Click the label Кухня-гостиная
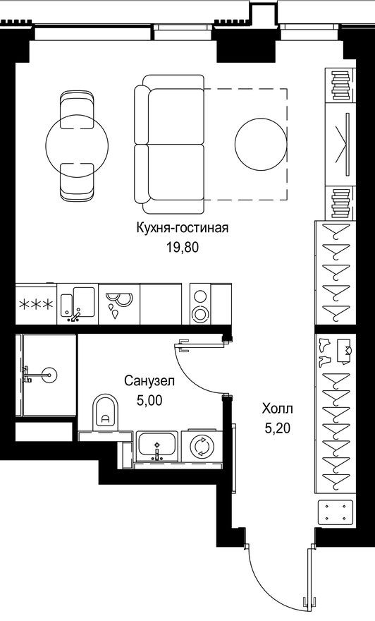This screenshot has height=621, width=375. (183, 228)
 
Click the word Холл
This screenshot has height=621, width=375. (276, 409)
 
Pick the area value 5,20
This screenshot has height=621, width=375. (276, 427)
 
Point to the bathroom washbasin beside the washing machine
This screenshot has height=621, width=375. (157, 446)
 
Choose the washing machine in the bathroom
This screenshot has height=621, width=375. (202, 447)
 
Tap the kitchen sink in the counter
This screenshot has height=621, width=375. (76, 302)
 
